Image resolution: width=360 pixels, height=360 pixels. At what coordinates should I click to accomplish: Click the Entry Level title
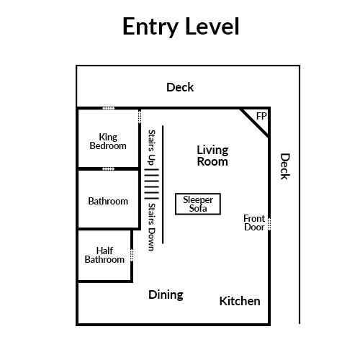181,27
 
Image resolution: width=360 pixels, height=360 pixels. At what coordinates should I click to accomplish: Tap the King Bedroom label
108,141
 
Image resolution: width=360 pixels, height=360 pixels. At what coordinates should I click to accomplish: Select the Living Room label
212,156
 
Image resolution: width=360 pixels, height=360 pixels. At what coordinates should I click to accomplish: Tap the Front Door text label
254,222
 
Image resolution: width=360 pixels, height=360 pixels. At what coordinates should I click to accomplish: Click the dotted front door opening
269,224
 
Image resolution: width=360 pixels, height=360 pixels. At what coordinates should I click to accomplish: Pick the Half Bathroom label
104,255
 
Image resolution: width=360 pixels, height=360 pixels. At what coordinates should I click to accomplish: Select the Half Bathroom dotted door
132,255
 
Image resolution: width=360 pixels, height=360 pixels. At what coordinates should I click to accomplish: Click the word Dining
166,295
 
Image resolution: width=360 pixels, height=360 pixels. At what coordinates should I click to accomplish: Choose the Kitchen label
240,301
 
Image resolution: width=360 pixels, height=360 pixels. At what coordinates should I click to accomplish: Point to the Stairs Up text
152,148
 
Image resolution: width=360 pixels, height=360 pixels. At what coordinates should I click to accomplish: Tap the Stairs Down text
152,227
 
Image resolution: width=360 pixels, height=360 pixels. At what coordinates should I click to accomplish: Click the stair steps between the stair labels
151,184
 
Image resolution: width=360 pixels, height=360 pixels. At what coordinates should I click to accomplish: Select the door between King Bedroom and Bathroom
108,169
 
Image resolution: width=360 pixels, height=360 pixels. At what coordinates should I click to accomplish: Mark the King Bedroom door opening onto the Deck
109,108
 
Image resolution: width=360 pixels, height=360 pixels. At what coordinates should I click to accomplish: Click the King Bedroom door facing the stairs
140,117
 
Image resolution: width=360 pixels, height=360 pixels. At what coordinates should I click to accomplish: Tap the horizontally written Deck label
180,87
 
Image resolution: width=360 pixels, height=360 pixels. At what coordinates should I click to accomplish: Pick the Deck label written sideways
285,166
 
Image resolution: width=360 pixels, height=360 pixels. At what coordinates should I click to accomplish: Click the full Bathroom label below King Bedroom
108,201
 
